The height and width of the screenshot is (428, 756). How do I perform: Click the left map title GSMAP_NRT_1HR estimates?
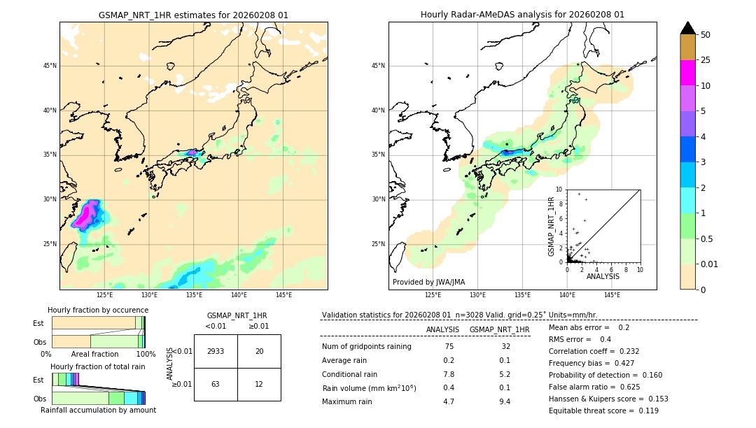click(x=193, y=15)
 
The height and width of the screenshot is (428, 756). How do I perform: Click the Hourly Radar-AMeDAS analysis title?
click(x=522, y=15)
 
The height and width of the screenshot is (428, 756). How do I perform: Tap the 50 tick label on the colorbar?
click(x=706, y=34)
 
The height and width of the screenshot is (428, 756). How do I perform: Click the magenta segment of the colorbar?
click(x=687, y=73)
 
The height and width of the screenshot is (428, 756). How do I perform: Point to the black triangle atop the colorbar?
click(x=687, y=28)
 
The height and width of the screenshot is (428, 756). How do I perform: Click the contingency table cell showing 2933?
click(x=216, y=351)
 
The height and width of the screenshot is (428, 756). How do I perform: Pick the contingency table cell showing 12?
click(x=259, y=384)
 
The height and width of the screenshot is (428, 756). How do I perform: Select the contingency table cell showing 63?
click(x=216, y=384)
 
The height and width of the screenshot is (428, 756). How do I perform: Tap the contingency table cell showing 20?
click(x=259, y=351)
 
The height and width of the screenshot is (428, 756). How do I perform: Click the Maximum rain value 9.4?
click(x=503, y=401)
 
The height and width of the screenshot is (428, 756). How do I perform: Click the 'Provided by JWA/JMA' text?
click(x=428, y=282)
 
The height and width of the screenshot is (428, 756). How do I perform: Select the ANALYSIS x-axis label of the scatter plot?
click(x=603, y=276)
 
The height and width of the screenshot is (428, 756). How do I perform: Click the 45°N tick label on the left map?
click(x=50, y=66)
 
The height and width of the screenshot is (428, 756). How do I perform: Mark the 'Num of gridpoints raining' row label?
click(x=366, y=347)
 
